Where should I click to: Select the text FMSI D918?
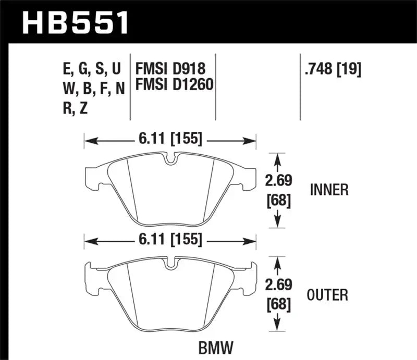pos(170,69)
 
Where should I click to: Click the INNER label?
pos(329,190)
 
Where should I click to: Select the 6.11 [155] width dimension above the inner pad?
pos(170,140)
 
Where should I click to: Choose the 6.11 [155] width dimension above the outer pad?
pos(170,241)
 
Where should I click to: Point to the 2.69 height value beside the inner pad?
pos(277,181)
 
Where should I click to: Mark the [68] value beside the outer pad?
pos(277,303)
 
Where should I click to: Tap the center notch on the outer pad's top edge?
pos(170,264)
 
